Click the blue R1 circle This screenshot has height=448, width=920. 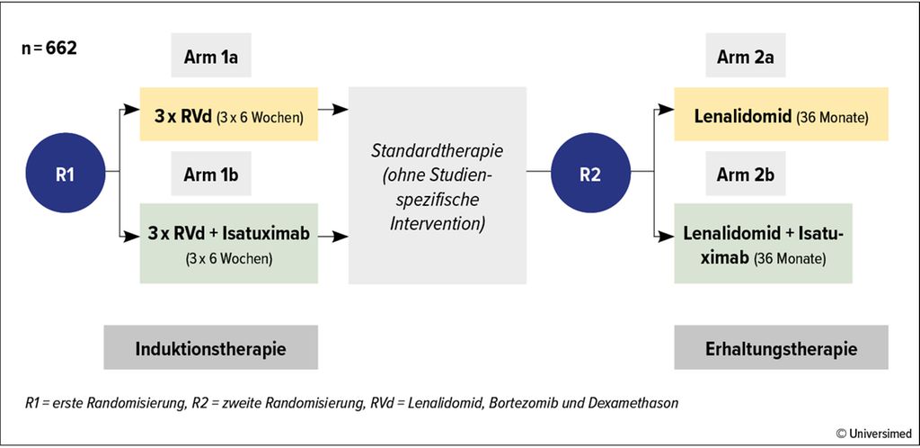point(65,174)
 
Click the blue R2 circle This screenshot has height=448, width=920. point(589,174)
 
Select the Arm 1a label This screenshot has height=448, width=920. point(211,60)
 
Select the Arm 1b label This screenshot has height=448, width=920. point(211,175)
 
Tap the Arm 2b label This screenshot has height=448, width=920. point(745,175)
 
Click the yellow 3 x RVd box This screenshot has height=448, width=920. point(229,115)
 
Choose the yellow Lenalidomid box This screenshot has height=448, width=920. point(781,114)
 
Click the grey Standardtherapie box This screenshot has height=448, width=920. point(438,185)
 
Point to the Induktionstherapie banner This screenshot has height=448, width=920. point(211,348)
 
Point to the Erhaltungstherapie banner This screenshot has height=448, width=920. point(781,348)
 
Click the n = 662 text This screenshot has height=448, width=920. point(49,49)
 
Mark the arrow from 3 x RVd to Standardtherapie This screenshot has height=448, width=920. point(333,109)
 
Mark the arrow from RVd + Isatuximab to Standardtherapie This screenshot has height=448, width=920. point(333,237)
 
